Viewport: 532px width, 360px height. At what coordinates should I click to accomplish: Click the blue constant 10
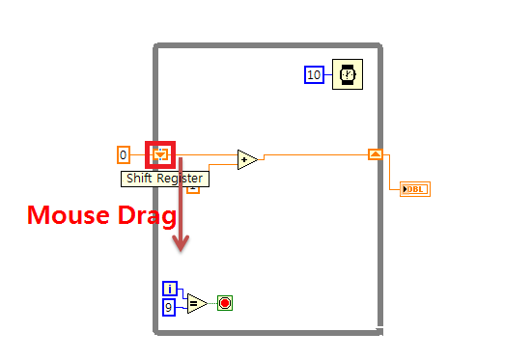point(314,74)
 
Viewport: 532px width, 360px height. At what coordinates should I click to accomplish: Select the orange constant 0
point(123,154)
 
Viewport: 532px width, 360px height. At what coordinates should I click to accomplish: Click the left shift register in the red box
point(160,153)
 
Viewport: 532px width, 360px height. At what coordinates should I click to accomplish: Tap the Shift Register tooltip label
point(165,178)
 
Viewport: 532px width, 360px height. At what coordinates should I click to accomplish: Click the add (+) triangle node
point(247,159)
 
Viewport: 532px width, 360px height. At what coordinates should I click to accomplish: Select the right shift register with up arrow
point(376,153)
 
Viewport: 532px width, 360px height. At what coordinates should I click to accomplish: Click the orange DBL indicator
point(415,188)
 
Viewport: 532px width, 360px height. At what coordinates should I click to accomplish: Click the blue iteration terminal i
point(170,289)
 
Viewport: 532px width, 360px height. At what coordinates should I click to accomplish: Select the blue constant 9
point(170,307)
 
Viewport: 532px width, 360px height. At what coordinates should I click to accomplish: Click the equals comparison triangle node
point(196,303)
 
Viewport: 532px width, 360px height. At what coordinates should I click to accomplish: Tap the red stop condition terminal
point(225,303)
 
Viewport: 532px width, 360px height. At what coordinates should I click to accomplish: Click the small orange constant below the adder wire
point(192,187)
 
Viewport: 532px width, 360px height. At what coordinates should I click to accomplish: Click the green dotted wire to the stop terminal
point(211,303)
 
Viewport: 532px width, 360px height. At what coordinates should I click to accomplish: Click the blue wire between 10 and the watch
point(328,74)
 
